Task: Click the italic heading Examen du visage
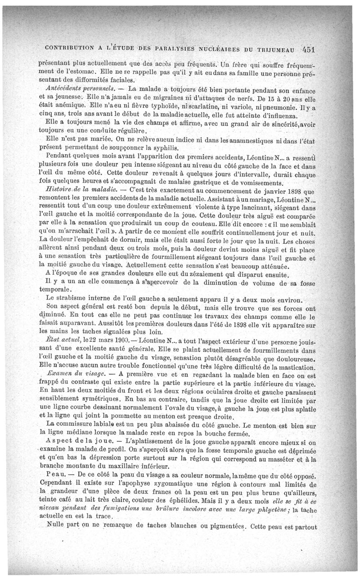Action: click(x=76, y=374)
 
